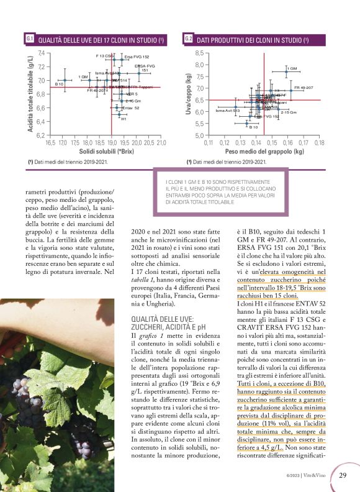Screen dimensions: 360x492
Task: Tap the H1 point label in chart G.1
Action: (x=124, y=119)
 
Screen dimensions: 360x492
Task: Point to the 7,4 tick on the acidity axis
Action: (x=41, y=53)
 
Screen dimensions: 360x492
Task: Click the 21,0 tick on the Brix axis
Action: (x=161, y=142)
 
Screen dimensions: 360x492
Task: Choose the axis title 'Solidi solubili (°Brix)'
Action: (x=107, y=151)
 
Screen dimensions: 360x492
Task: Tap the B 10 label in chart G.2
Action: (x=253, y=127)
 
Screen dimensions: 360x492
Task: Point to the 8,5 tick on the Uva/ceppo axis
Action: (x=199, y=53)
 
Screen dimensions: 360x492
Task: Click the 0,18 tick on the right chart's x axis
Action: (x=319, y=142)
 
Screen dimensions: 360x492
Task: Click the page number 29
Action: (x=343, y=475)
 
